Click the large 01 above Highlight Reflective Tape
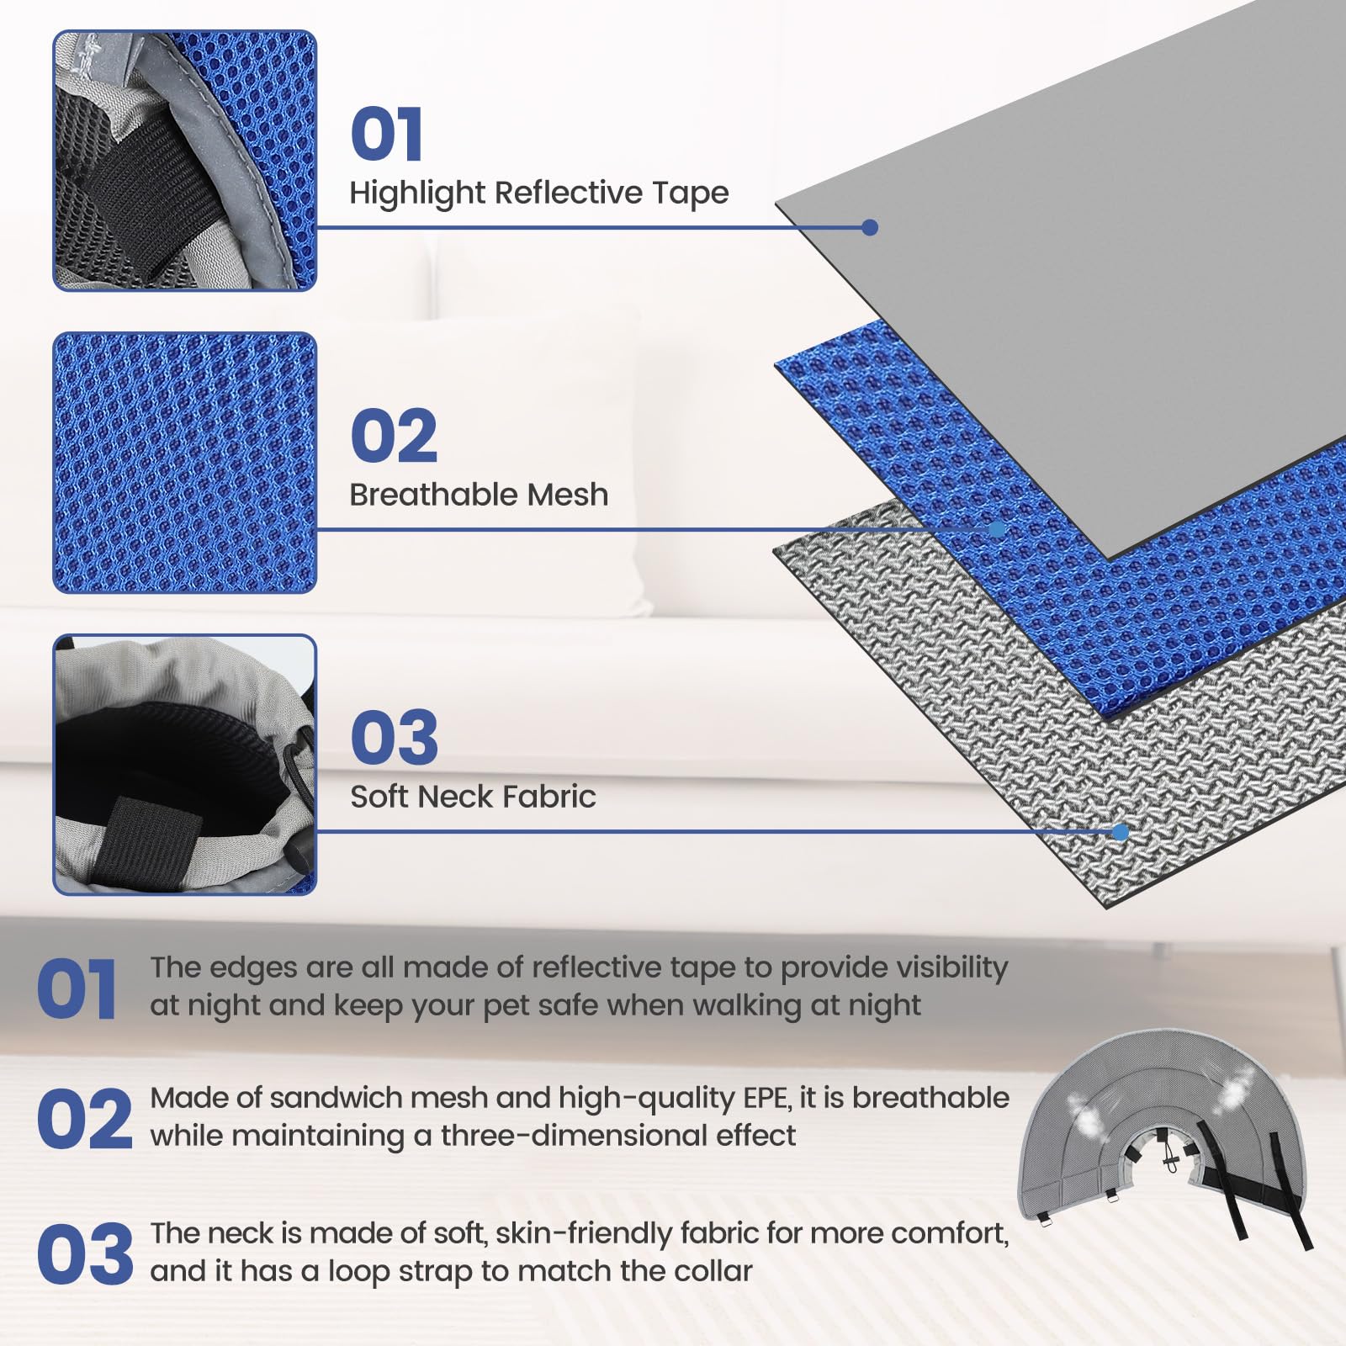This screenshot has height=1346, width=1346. [386, 135]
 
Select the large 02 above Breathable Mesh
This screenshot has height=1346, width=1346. [394, 436]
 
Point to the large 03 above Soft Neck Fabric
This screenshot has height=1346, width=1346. [394, 738]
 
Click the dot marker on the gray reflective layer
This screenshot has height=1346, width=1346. [870, 227]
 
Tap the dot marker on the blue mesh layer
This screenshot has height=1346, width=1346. [997, 529]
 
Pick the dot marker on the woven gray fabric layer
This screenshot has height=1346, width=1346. [1120, 832]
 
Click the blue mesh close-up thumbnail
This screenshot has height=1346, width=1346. [185, 463]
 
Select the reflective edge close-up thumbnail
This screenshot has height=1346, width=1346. [185, 161]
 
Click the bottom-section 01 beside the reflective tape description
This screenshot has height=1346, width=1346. [77, 990]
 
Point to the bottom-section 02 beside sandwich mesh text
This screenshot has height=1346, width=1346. [84, 1119]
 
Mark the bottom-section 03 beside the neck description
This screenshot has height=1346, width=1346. [85, 1254]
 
